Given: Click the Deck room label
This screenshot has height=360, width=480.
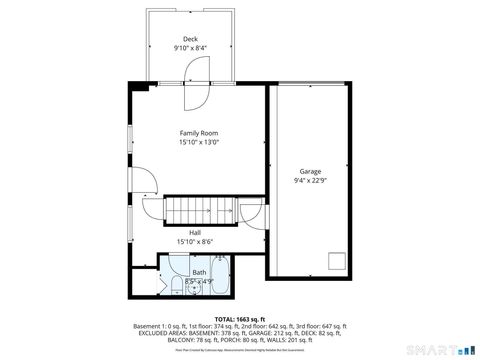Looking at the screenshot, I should [x=190, y=39].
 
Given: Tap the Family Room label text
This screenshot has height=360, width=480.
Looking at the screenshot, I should [x=198, y=133].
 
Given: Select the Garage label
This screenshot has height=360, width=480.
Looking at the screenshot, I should [x=310, y=172].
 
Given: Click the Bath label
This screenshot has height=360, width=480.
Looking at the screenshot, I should [x=199, y=272].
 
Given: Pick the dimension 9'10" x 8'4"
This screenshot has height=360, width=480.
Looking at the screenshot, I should [x=190, y=48].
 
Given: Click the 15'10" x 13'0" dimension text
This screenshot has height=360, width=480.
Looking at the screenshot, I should [x=198, y=142].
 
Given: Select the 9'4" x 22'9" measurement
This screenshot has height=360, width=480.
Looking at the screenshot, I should [x=310, y=181].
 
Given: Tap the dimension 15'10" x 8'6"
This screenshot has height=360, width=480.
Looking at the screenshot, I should [x=196, y=241].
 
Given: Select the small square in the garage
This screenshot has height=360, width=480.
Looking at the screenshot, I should [x=335, y=263].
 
